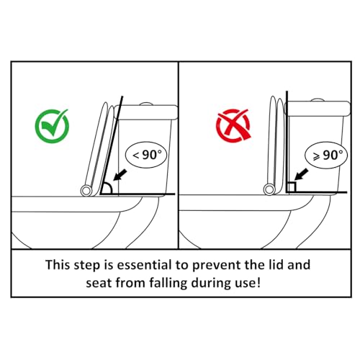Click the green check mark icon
(x=52, y=126)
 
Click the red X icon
(x=233, y=125)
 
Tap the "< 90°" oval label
(x=146, y=155)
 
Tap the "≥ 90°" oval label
(x=326, y=156)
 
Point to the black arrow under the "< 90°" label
(x=120, y=175)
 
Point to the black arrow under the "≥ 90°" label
(x=301, y=174)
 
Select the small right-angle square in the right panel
(x=292, y=187)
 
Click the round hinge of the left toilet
(x=86, y=191)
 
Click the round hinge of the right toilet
(x=269, y=189)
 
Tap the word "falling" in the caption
(x=168, y=283)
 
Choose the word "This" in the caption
(x=58, y=265)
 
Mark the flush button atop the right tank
(x=318, y=100)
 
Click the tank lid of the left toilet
(x=146, y=112)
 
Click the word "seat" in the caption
(x=98, y=284)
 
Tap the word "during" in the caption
(x=208, y=283)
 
